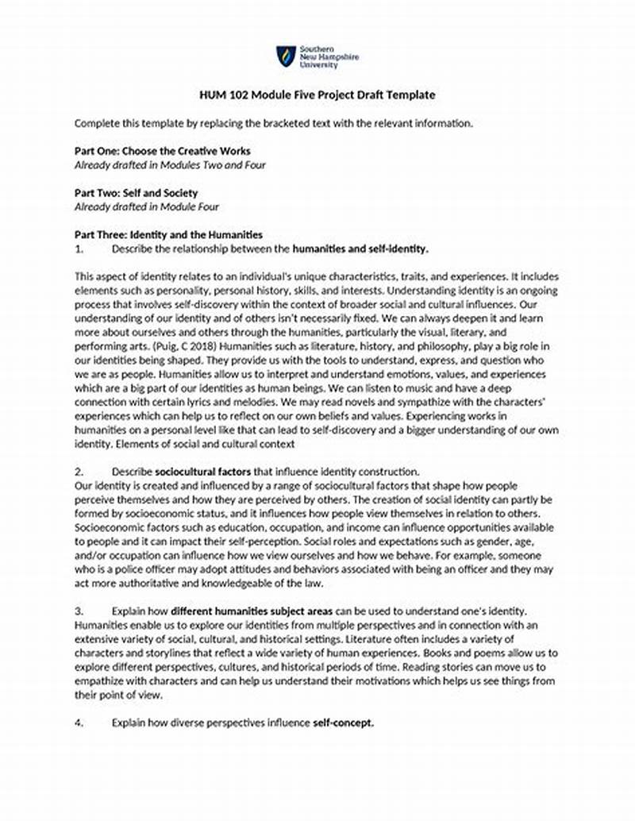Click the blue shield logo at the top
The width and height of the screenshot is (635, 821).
(x=286, y=56)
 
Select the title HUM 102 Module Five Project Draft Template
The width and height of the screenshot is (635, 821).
(x=317, y=94)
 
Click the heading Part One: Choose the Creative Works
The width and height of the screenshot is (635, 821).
(x=163, y=151)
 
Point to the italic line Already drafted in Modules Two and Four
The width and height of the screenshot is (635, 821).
(x=170, y=164)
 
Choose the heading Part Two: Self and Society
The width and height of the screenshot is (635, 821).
(x=136, y=193)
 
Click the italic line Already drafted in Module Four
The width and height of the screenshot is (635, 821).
(x=146, y=206)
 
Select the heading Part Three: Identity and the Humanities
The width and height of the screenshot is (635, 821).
(x=168, y=235)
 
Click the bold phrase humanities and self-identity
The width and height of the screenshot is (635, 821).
(x=360, y=249)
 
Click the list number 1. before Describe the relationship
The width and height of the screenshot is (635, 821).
(x=79, y=249)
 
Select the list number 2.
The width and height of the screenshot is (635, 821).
(x=79, y=472)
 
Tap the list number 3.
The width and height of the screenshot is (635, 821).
(x=79, y=611)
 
